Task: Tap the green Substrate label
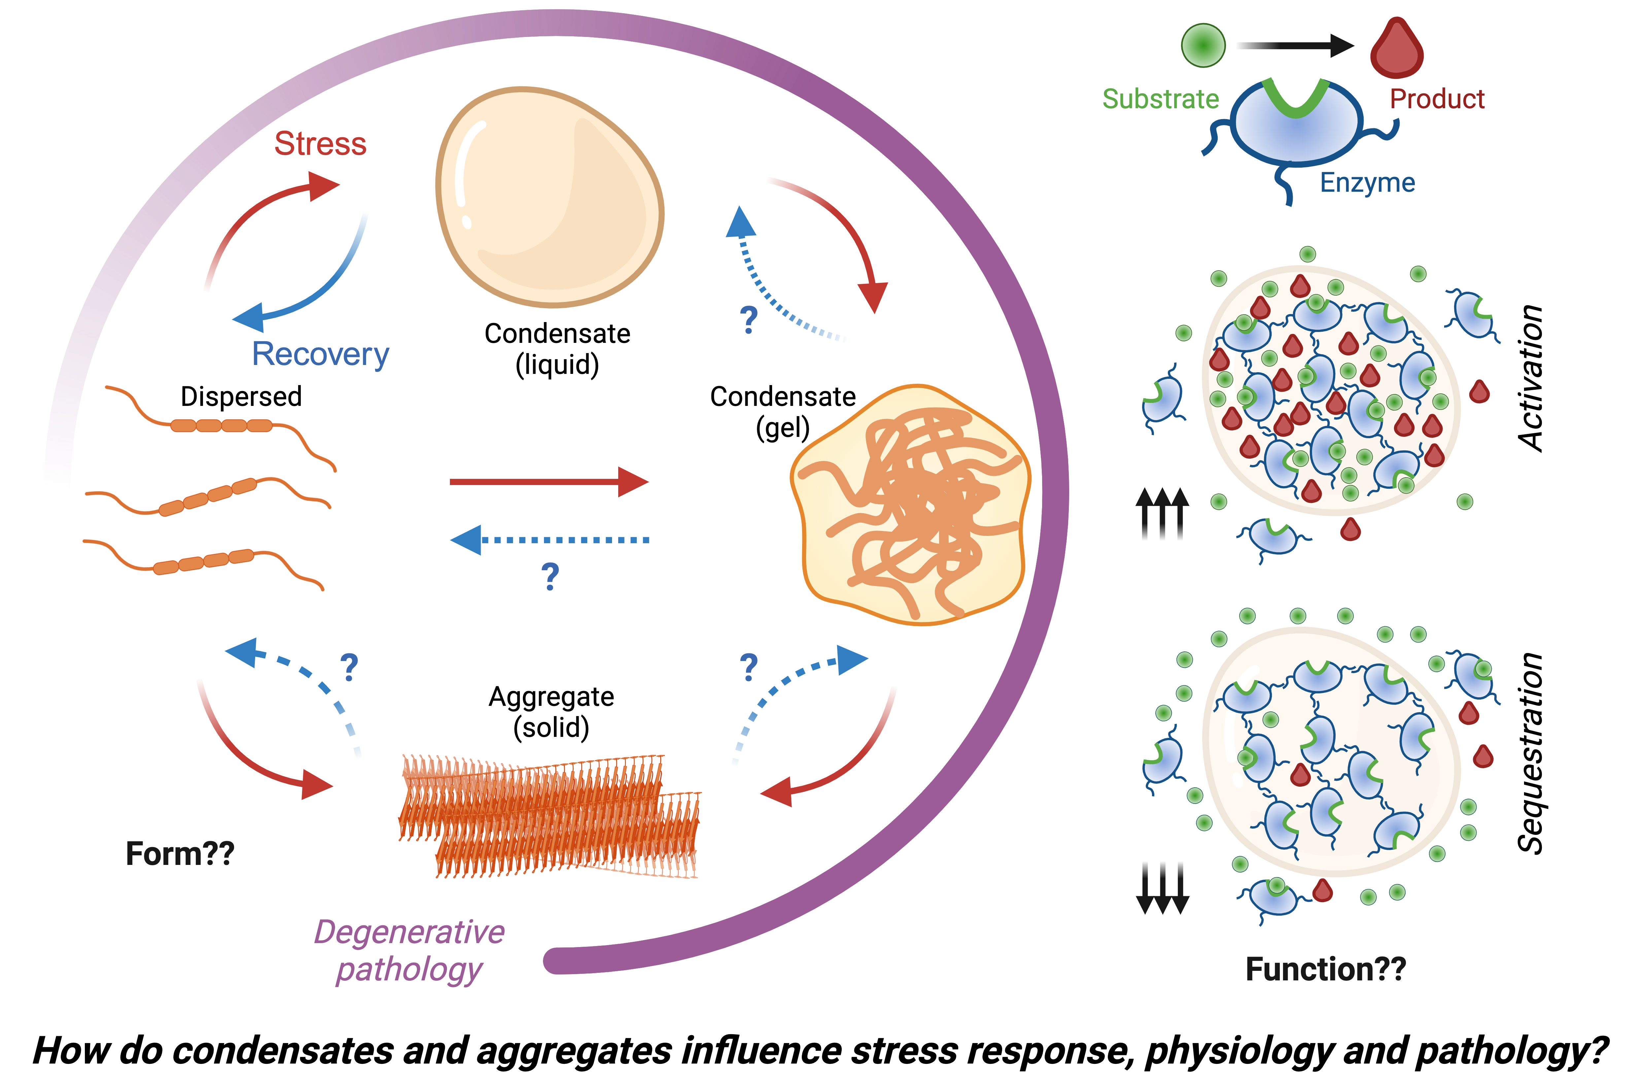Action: click(x=1160, y=99)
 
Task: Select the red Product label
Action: click(x=1437, y=99)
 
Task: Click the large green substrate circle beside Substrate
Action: click(x=1203, y=45)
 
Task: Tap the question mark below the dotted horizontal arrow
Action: click(x=550, y=576)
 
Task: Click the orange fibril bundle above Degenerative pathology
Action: click(x=549, y=816)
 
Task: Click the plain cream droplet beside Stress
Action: click(x=549, y=197)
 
